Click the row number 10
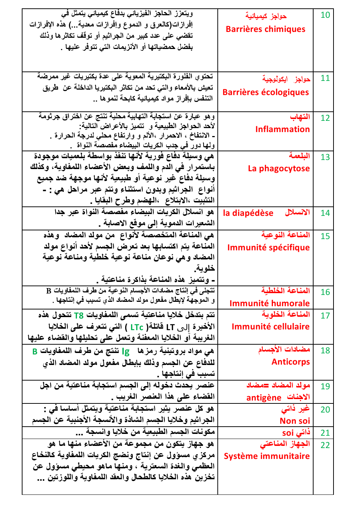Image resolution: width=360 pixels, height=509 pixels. [325, 15]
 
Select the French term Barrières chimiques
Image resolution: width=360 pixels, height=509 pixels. [265, 29]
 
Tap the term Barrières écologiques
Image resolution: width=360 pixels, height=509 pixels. [266, 93]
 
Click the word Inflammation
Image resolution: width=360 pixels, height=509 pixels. [282, 130]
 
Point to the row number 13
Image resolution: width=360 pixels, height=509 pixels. [325, 157]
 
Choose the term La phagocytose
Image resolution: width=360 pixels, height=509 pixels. [279, 169]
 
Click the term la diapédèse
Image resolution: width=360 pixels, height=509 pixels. [248, 213]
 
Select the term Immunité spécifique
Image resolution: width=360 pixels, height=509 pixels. [268, 248]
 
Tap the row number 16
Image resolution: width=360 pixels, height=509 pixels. [325, 292]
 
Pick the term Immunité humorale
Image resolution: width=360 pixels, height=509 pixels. [269, 304]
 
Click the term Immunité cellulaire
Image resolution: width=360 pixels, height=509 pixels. [270, 327]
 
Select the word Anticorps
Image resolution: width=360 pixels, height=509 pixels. [291, 362]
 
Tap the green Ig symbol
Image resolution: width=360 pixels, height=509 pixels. [126, 352]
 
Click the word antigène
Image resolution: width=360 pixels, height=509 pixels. [263, 398]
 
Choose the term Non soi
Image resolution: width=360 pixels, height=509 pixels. [295, 421]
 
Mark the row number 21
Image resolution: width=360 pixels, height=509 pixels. [325, 433]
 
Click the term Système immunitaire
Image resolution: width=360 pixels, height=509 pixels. [267, 456]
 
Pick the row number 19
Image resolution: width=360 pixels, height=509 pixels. [325, 386]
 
